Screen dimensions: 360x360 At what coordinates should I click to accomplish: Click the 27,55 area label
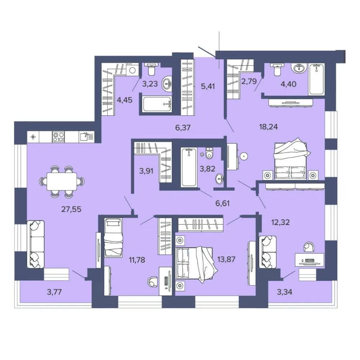point(71,209)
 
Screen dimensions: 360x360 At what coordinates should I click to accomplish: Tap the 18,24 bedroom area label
point(269,126)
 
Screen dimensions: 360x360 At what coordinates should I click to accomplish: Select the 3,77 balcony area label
point(54,292)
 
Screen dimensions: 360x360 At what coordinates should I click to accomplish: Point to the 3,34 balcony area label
point(284,292)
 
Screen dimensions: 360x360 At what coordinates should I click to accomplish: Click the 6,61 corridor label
point(222,203)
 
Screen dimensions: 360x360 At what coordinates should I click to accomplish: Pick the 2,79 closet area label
point(249,81)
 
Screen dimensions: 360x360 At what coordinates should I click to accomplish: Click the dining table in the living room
point(62,181)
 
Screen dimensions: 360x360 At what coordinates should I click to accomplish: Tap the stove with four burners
point(58,137)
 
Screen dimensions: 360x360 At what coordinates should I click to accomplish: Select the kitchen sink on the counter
point(87,137)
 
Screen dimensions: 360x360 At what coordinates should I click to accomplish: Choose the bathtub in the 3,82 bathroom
point(189,167)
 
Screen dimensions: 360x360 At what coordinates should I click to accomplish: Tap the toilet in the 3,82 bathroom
point(210,153)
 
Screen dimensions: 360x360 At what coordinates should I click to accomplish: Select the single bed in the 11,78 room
point(113,238)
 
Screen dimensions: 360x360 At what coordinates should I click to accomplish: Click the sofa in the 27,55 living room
point(35,244)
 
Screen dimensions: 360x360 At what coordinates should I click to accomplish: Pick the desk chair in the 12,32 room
point(309,247)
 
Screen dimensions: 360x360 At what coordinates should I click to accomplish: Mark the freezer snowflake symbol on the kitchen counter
point(33,137)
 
